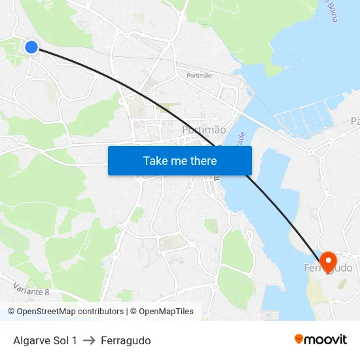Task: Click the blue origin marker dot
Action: pyautogui.click(x=31, y=46)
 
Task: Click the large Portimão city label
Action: pyautogui.click(x=204, y=130)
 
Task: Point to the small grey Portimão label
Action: pyautogui.click(x=199, y=76)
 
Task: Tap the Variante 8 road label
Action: pyautogui.click(x=31, y=287)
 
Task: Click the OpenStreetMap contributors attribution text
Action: pyautogui.click(x=66, y=312)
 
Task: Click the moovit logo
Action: pyautogui.click(x=320, y=340)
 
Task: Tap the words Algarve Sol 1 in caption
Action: pyautogui.click(x=45, y=340)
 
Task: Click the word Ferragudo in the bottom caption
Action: pyautogui.click(x=126, y=340)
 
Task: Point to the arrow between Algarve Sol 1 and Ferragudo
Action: pyautogui.click(x=89, y=340)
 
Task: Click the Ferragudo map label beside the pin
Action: pyautogui.click(x=329, y=268)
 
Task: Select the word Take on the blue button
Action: pyautogui.click(x=156, y=160)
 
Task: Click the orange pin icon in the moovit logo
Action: pyautogui.click(x=299, y=339)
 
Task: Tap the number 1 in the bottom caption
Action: pyautogui.click(x=74, y=340)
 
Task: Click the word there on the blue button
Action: pyautogui.click(x=202, y=160)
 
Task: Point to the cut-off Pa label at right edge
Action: pyautogui.click(x=355, y=122)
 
